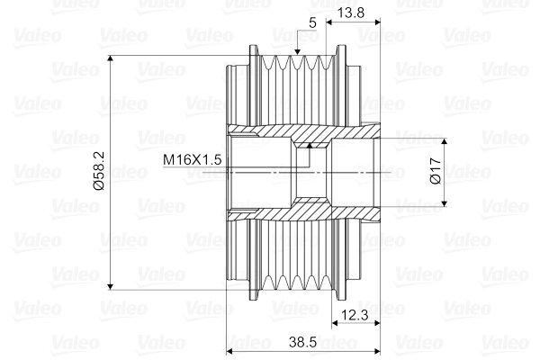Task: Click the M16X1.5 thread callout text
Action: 192,159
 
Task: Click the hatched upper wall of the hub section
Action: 297,132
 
